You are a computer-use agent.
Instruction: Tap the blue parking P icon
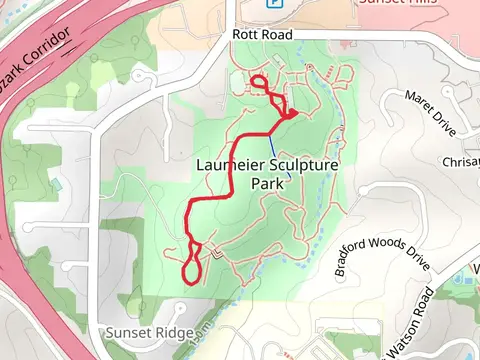coord(272,3)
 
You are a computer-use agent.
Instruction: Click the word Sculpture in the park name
coord(308,163)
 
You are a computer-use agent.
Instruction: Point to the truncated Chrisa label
coord(460,162)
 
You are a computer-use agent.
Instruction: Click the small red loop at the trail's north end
coord(258,84)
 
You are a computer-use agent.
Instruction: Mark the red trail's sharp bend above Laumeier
coord(290,118)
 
